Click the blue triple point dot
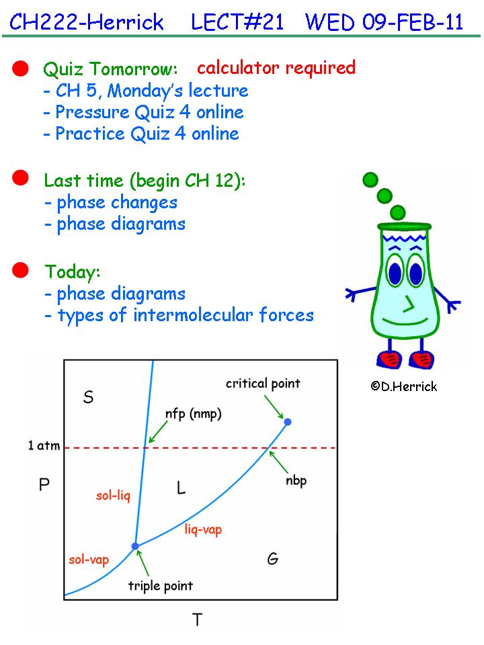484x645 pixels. [135, 546]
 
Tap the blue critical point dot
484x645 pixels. [288, 422]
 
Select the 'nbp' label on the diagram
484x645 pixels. [296, 481]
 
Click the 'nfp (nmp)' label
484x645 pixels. [193, 414]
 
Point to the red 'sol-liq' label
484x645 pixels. [113, 496]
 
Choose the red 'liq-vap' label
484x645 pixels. [203, 529]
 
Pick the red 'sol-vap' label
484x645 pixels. [89, 560]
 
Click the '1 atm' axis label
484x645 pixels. [44, 445]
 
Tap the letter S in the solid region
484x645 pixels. [89, 397]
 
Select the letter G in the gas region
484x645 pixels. [272, 558]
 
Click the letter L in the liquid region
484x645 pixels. [181, 488]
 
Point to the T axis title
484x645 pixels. [197, 619]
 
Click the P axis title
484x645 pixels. [44, 484]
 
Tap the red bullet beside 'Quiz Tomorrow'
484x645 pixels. [20, 69]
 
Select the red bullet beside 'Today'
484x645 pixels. [20, 270]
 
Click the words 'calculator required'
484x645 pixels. [276, 68]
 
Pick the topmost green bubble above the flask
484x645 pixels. [370, 180]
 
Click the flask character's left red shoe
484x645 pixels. [389, 359]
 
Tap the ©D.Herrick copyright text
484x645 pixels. [404, 386]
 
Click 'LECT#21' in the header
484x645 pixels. [237, 21]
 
